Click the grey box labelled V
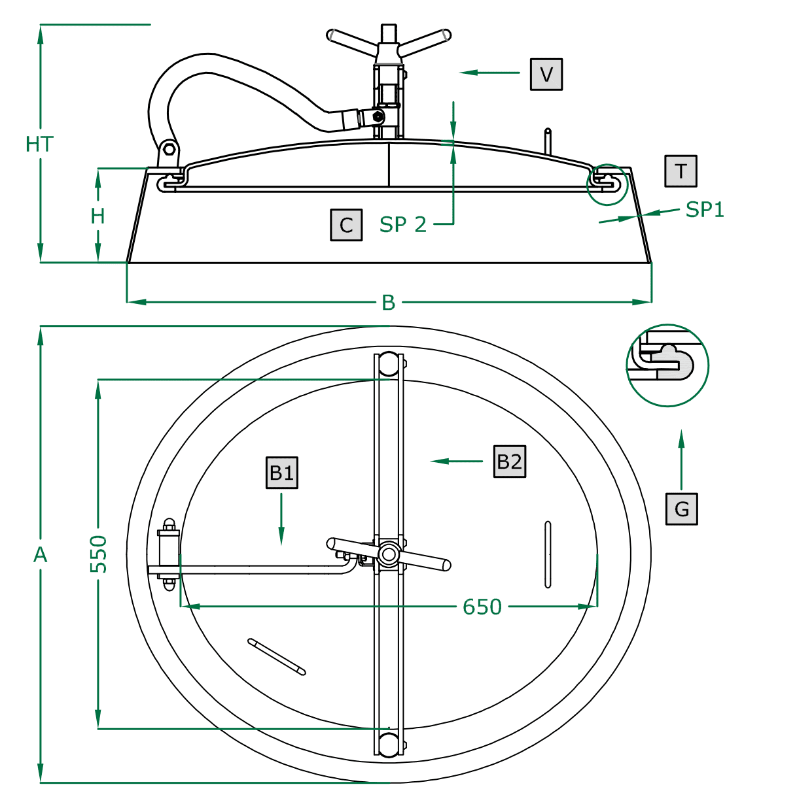546,75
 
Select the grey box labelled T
681,171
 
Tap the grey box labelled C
346,225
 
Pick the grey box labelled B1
282,473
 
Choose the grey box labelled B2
510,462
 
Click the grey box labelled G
681,509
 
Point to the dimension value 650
482,607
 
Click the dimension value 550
99,554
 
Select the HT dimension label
39,144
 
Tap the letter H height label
97,216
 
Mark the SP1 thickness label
705,210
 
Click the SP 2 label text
403,225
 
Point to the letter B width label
389,303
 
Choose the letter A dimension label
40,555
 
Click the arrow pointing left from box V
489,73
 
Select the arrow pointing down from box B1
281,519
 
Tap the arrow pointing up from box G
681,460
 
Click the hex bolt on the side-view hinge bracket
169,149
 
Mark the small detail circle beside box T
607,184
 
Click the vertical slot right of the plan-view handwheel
548,554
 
